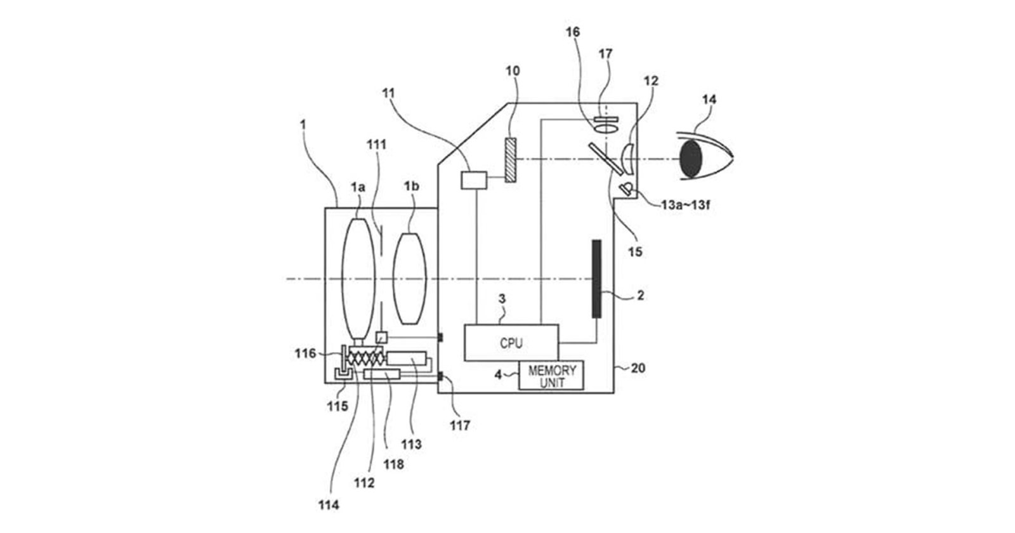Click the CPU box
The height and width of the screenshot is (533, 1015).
pos(511,343)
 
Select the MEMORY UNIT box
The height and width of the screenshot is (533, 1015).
pos(551,375)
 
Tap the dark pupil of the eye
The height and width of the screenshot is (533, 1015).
pos(691,159)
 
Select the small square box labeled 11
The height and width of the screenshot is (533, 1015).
pos(474,180)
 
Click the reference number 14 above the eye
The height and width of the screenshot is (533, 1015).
pos(709,100)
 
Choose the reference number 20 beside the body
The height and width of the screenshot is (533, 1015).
pos(638,367)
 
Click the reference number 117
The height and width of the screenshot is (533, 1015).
pos(460,426)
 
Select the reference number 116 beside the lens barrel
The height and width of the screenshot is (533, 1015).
pos(305,353)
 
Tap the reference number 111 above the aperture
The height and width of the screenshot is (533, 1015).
pos(376,145)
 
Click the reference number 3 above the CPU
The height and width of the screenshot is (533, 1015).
pos(502,298)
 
